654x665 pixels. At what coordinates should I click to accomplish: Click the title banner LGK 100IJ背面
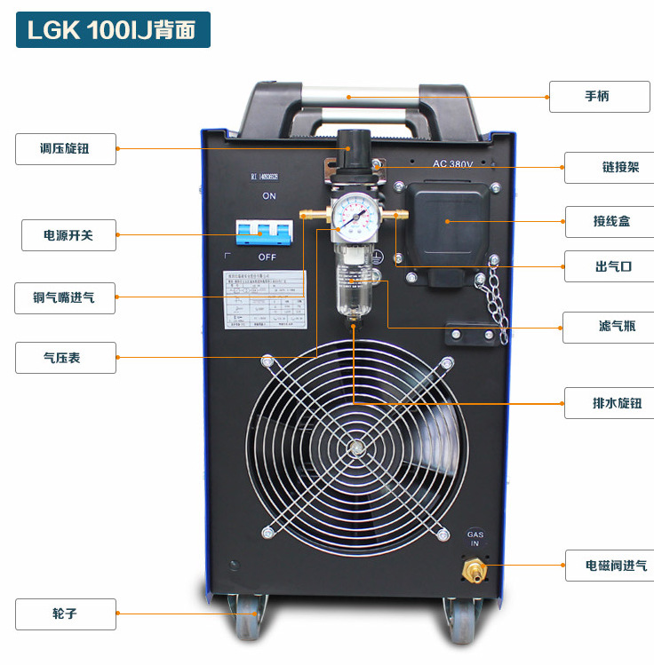(112, 29)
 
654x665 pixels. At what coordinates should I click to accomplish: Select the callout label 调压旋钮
(65, 149)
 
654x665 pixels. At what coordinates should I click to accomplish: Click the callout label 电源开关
(68, 235)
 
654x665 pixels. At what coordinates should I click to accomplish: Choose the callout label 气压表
(65, 358)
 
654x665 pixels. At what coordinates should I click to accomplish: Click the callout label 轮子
(65, 614)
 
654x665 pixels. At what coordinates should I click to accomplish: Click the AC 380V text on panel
(452, 163)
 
